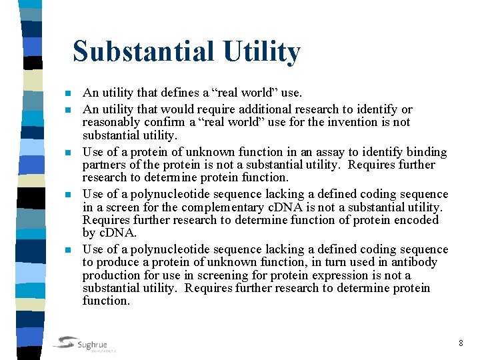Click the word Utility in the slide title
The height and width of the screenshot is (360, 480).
pyautogui.click(x=263, y=51)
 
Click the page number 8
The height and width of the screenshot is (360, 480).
pyautogui.click(x=461, y=343)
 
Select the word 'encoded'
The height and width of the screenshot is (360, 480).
pyautogui.click(x=416, y=220)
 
